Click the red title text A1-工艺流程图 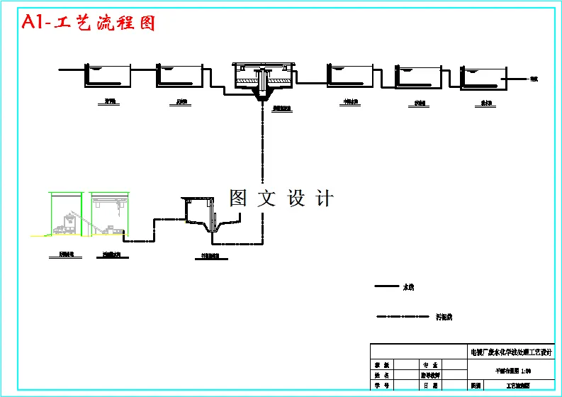pyautogui.click(x=89, y=23)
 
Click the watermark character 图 pyautogui.click(x=238, y=198)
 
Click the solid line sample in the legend pyautogui.click(x=386, y=287)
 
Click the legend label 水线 pyautogui.click(x=408, y=287)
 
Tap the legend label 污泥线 pyautogui.click(x=444, y=317)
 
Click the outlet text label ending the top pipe pyautogui.click(x=534, y=79)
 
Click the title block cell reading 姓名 pyautogui.click(x=382, y=375)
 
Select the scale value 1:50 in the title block pyautogui.click(x=526, y=370)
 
